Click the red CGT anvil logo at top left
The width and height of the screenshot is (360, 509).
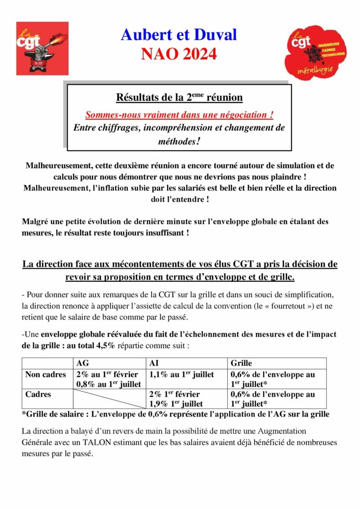pos(42,48)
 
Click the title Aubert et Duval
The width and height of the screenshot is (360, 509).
pos(179,34)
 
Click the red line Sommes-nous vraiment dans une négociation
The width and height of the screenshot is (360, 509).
pos(179,115)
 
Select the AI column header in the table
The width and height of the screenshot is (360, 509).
pos(155,363)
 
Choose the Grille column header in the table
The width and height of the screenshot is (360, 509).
pos(241,363)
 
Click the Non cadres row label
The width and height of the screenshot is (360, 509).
pos(45,374)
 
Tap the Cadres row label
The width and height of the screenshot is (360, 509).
pos(39,394)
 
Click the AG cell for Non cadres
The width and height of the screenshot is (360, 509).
pos(109,379)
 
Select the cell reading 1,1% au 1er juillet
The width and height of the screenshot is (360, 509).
pos(181,374)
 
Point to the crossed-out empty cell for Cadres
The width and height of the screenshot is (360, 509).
pos(109,399)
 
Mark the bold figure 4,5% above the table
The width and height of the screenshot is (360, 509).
pos(105,344)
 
